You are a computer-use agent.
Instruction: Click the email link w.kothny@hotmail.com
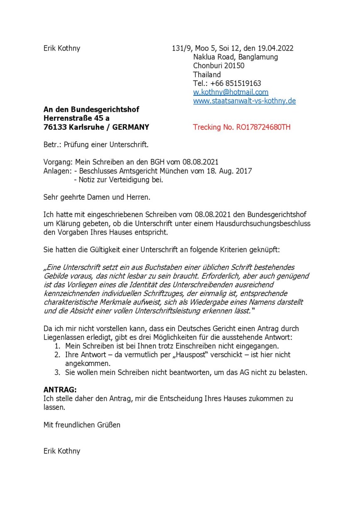pyautogui.click(x=231, y=92)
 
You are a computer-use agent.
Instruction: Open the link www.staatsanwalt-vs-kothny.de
pyautogui.click(x=244, y=101)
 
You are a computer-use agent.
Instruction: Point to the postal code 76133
pyautogui.click(x=55, y=127)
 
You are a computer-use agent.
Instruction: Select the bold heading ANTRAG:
pyautogui.click(x=60, y=390)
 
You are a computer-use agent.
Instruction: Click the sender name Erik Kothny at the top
pyautogui.click(x=62, y=48)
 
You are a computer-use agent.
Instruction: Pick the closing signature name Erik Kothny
pyautogui.click(x=62, y=451)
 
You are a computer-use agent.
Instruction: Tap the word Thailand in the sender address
pyautogui.click(x=207, y=75)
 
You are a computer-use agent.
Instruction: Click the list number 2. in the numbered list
pyautogui.click(x=58, y=355)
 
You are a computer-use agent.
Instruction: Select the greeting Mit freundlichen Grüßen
pyautogui.click(x=82, y=424)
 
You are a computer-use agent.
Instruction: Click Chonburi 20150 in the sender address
pyautogui.click(x=219, y=66)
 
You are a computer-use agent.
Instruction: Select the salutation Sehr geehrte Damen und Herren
pyautogui.click(x=96, y=198)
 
